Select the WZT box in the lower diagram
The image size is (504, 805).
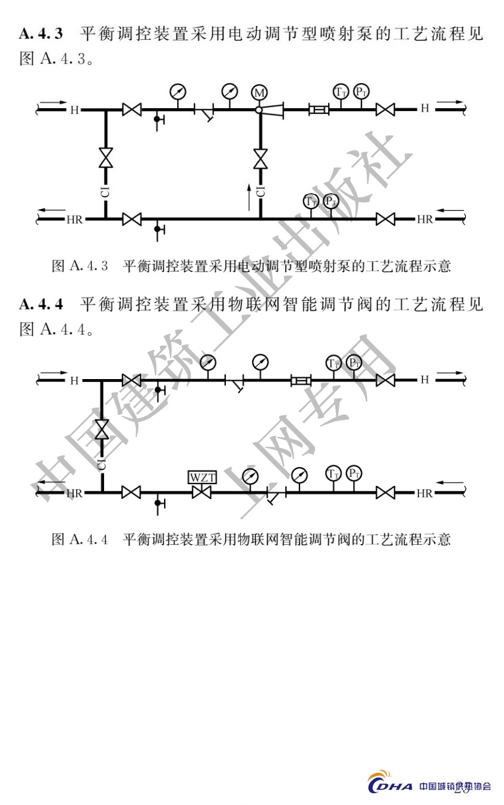click(x=202, y=477)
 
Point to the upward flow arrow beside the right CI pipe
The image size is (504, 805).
click(x=249, y=197)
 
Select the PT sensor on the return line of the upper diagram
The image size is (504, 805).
click(x=331, y=201)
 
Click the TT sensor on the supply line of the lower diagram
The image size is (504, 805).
click(x=333, y=362)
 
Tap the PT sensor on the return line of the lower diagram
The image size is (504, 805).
click(x=354, y=473)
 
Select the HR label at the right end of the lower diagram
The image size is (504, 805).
click(x=424, y=493)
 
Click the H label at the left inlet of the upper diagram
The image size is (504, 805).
click(x=74, y=110)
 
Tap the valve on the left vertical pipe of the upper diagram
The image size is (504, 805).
click(x=106, y=158)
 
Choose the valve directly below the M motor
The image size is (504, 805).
click(x=260, y=159)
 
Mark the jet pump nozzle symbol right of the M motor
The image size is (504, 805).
click(x=275, y=110)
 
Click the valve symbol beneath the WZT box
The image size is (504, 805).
click(x=202, y=493)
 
